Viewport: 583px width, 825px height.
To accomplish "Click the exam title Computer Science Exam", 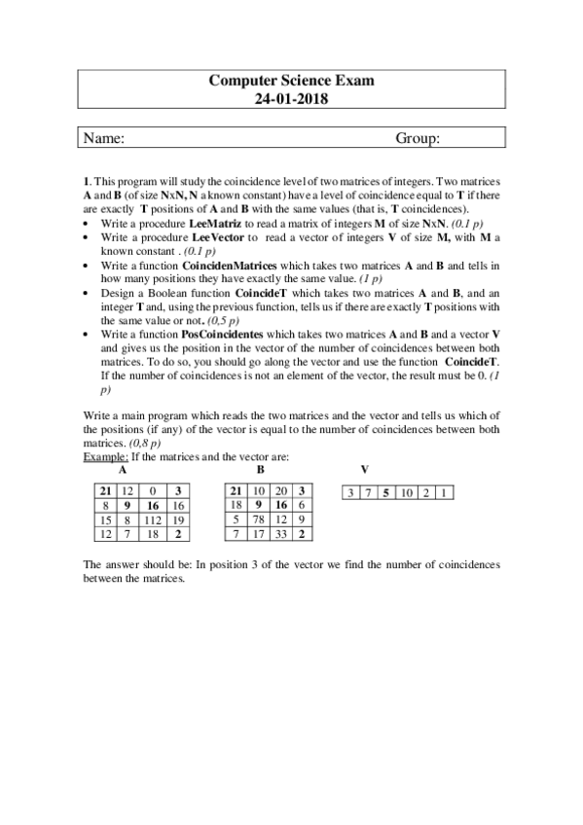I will (x=292, y=82).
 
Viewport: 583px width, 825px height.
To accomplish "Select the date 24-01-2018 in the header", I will (x=292, y=98).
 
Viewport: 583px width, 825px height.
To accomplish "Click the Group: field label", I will (x=419, y=139).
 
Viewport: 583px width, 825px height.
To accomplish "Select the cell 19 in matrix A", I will (x=179, y=520).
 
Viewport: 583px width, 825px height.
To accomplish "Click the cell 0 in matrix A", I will (x=153, y=491).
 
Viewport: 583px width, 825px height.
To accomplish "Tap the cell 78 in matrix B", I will (x=260, y=520).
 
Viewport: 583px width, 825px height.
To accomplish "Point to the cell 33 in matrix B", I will (x=283, y=535).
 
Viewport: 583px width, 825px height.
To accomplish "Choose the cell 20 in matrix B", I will (x=283, y=491).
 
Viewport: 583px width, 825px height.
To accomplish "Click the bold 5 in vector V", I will (x=385, y=493).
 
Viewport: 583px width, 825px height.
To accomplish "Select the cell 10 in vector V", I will (x=405, y=493).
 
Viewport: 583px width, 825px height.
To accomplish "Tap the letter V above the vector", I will (x=364, y=469).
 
